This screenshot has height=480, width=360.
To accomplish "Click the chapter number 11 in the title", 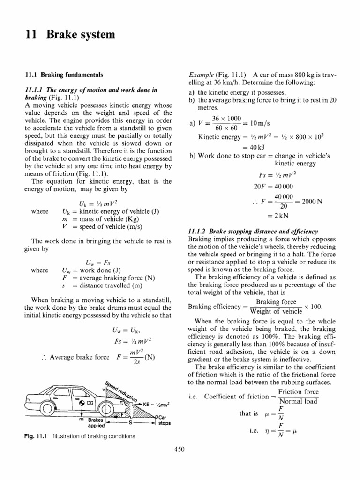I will (29, 35).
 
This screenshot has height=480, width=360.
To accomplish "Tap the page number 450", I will (180, 449).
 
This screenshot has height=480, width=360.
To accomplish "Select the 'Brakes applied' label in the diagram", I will (95, 423).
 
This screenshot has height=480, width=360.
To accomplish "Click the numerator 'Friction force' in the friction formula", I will (299, 391).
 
